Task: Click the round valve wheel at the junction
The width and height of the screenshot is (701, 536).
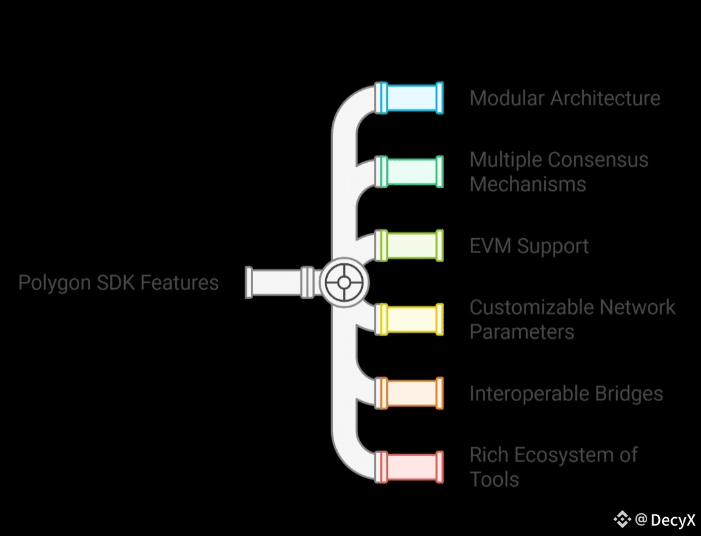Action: coord(344,283)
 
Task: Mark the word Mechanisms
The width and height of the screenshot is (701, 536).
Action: coord(528,184)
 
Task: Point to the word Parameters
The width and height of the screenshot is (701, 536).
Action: coord(522,332)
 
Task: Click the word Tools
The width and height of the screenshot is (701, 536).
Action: coord(494,480)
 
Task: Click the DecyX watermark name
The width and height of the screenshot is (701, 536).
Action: coord(673,520)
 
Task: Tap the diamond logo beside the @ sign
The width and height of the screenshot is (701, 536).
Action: coord(622,519)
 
